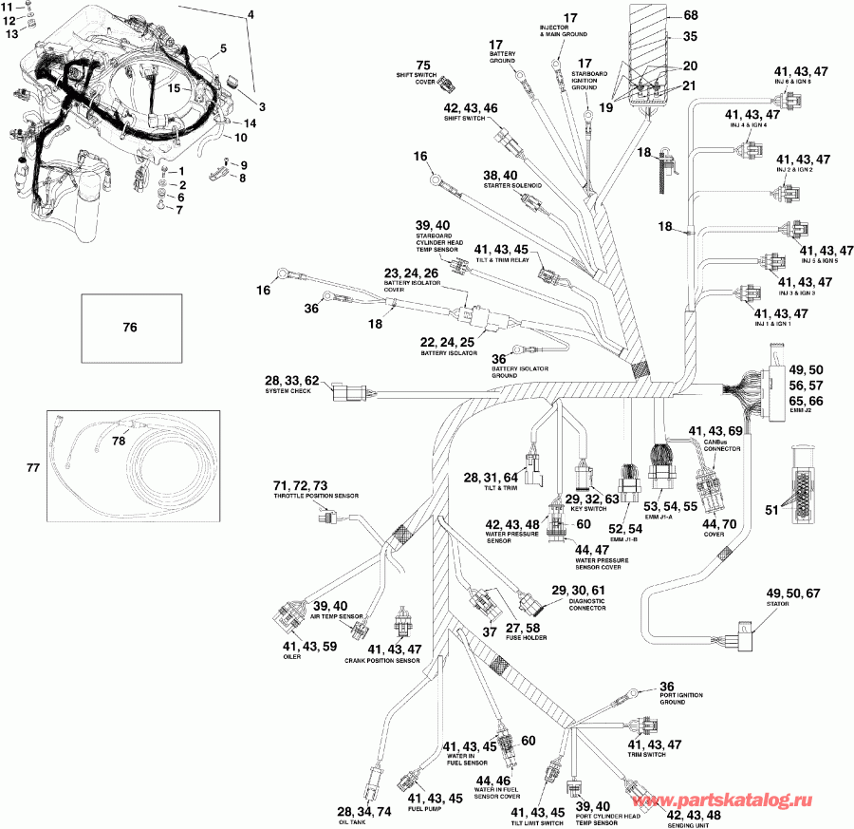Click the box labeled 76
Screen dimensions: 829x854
130,328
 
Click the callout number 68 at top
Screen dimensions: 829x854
690,15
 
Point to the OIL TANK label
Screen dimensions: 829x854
350,823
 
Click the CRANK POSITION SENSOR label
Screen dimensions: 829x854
383,660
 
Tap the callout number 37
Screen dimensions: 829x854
489,631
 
